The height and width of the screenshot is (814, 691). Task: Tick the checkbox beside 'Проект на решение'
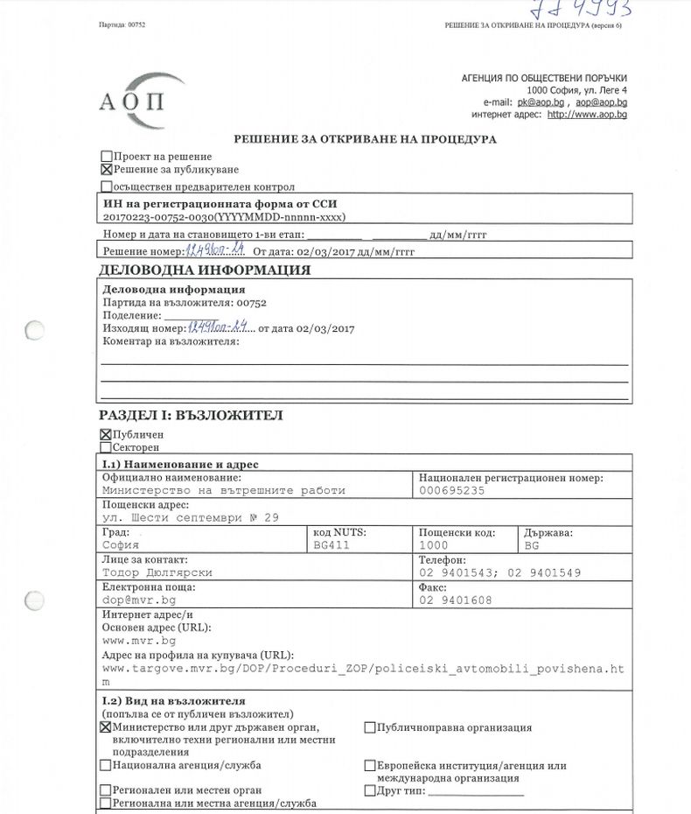coord(107,157)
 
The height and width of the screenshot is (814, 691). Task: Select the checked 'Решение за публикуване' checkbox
coord(107,170)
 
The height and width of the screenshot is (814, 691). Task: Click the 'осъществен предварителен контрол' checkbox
coord(107,186)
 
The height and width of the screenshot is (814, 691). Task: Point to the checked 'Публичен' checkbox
coord(107,434)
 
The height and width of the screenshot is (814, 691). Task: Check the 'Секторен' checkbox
coord(107,447)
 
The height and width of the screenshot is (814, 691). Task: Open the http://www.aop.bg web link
coord(587,114)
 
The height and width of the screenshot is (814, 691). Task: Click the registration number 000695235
coord(451,491)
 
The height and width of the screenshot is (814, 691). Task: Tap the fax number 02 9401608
coord(455,600)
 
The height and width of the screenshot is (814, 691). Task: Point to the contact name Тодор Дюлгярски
coord(157,572)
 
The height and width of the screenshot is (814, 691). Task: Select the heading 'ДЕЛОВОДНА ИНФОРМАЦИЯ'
coord(205,270)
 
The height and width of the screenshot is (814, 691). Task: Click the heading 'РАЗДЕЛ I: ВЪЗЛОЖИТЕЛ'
coord(191,415)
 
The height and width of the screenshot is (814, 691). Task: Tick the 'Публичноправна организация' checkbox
coord(370,727)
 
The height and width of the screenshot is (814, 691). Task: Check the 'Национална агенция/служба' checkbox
coord(107,765)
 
